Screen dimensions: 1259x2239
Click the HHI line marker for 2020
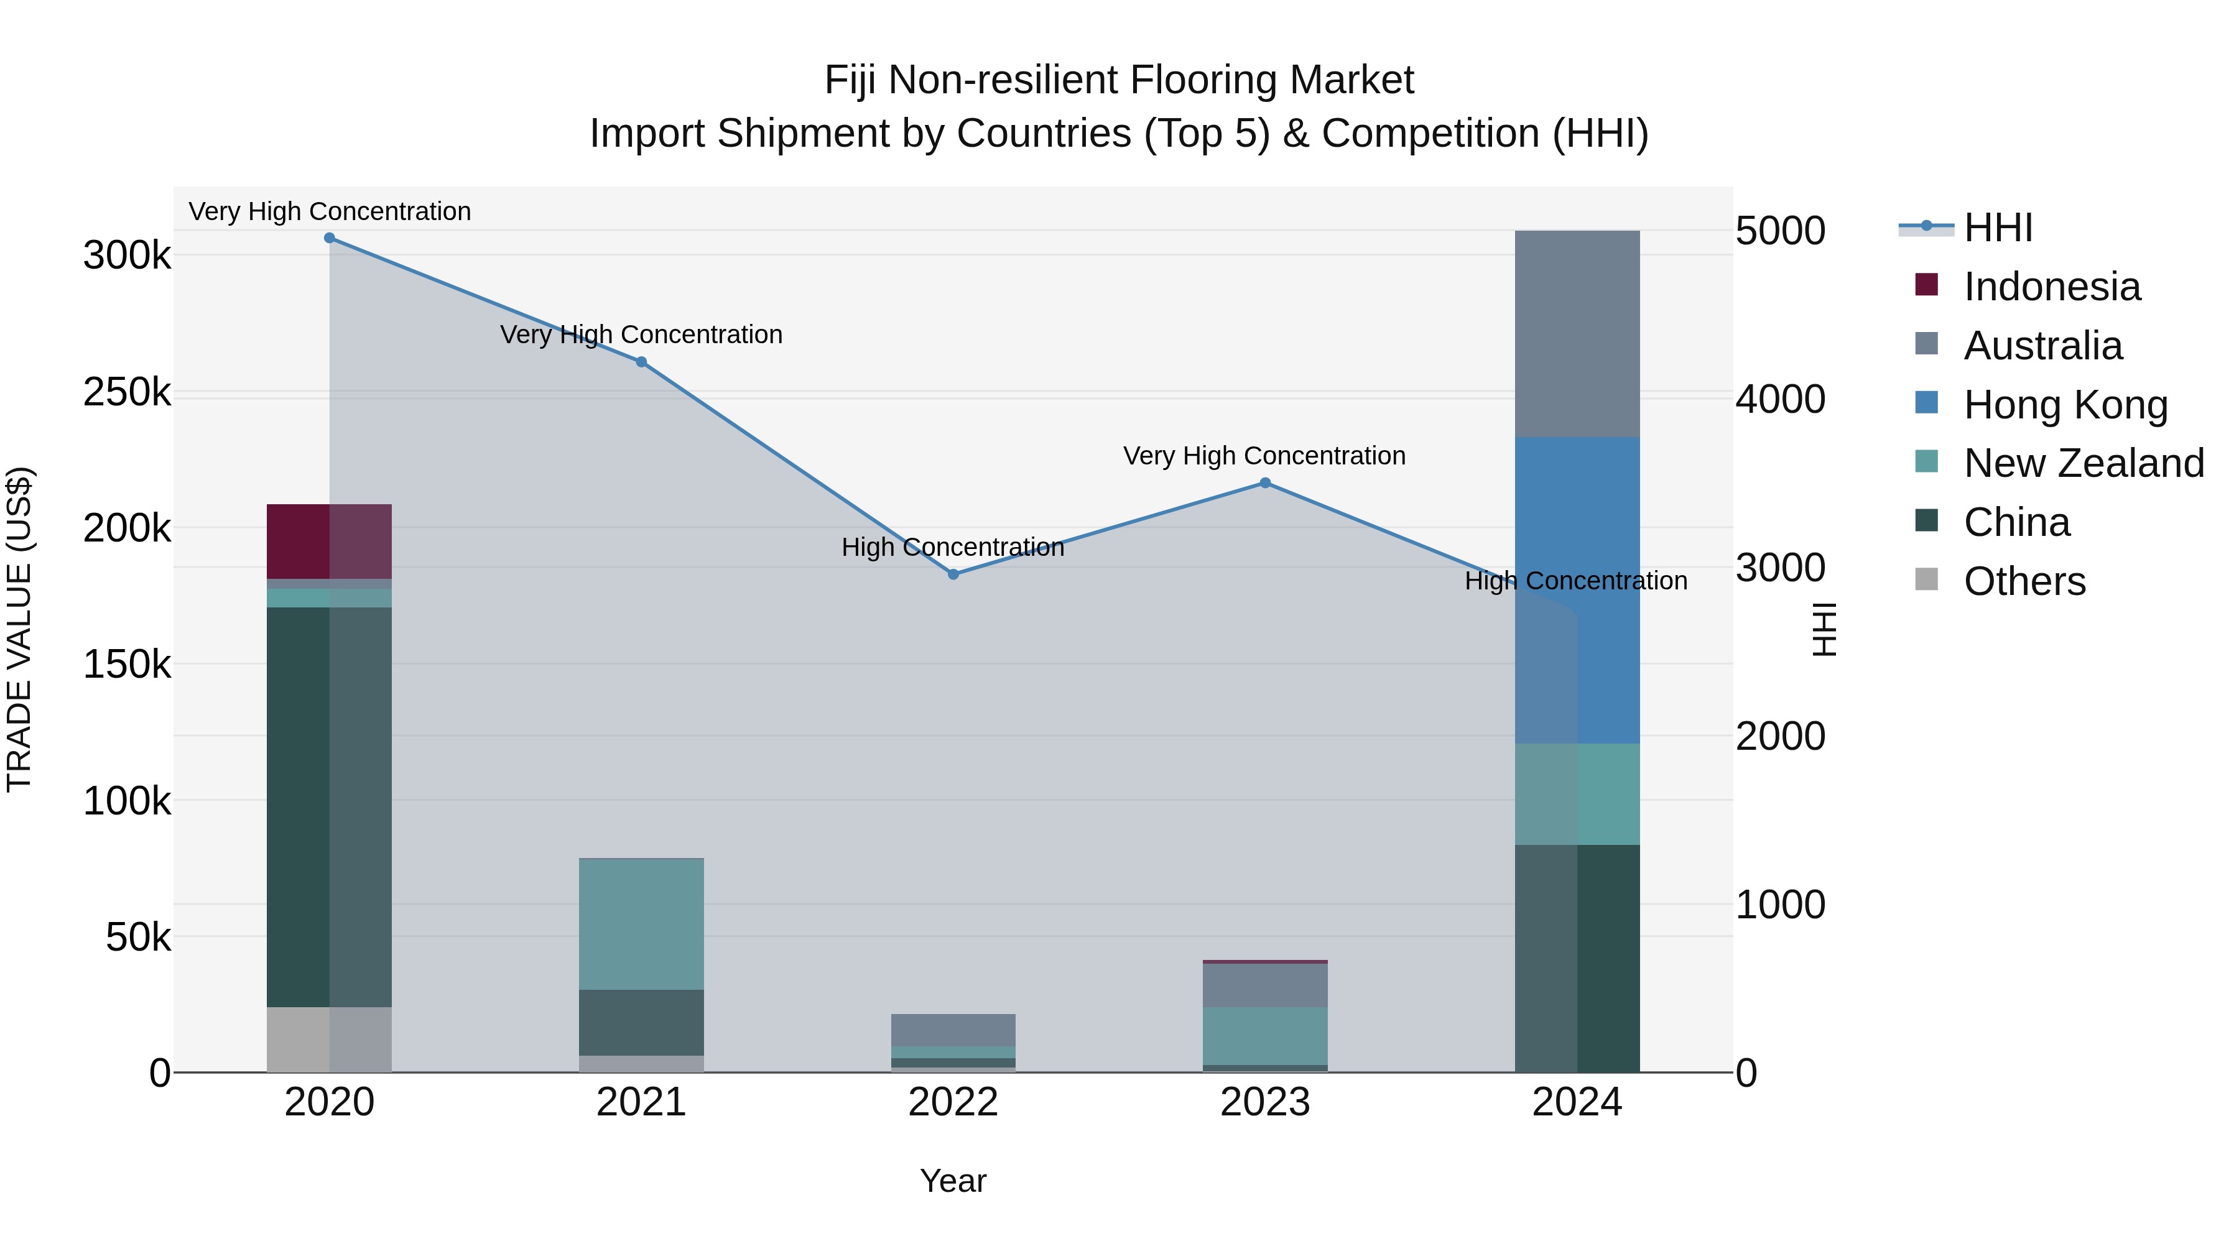point(330,238)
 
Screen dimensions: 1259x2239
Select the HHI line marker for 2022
point(953,574)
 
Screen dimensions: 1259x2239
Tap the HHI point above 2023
point(1266,483)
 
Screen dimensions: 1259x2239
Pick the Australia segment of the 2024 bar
point(1577,334)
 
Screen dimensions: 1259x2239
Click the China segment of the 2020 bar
point(330,806)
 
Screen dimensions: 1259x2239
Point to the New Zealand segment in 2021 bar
point(641,924)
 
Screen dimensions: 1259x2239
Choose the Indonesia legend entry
point(2051,287)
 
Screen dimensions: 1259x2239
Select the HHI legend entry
point(1997,228)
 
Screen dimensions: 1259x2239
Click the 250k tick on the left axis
point(127,393)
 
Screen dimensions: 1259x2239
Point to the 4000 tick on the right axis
point(1780,400)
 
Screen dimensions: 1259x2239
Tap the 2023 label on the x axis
point(1266,1102)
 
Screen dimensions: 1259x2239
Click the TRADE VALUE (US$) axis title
point(20,629)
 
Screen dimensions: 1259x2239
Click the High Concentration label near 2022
point(953,547)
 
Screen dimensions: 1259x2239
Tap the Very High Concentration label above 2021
point(641,334)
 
